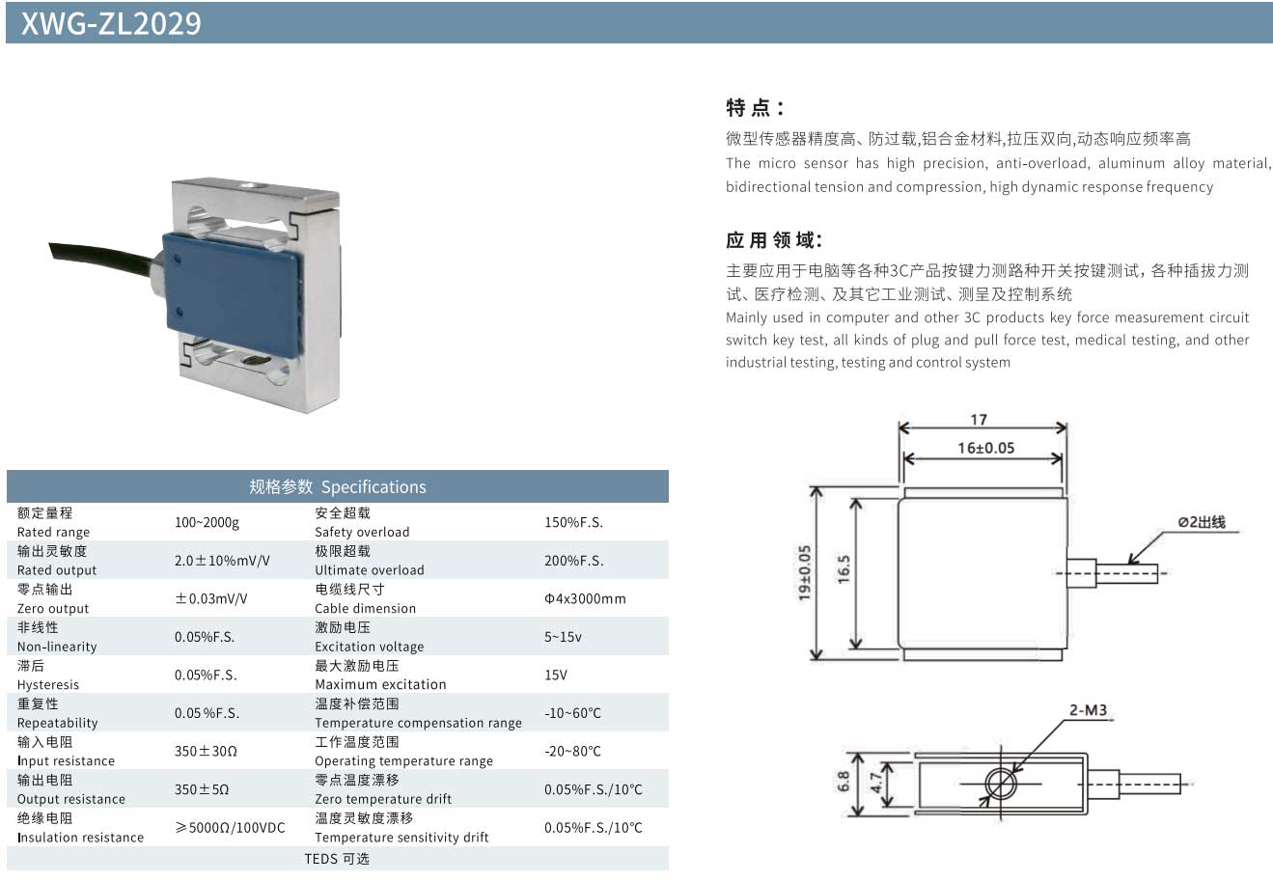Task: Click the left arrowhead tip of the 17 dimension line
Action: [899, 427]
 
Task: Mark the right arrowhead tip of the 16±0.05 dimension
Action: [1063, 458]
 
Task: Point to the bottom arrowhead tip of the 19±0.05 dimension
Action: [816, 660]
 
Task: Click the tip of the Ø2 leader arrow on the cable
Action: [1128, 564]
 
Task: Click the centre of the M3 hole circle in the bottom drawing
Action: [1000, 785]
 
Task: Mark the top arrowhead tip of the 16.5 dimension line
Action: [856, 499]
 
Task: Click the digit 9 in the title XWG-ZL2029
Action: [193, 24]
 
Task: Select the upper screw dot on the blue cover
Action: [178, 260]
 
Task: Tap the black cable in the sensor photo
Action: [102, 260]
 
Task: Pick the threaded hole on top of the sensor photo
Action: [249, 185]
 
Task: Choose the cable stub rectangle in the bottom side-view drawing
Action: [1149, 785]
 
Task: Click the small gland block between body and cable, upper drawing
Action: [1082, 572]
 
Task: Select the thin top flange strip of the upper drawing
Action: [983, 492]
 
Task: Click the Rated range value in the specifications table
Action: [207, 522]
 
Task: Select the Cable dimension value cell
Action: [585, 598]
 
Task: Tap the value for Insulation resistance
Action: [230, 827]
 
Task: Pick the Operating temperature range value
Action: [572, 752]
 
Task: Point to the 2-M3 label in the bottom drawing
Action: [1088, 710]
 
